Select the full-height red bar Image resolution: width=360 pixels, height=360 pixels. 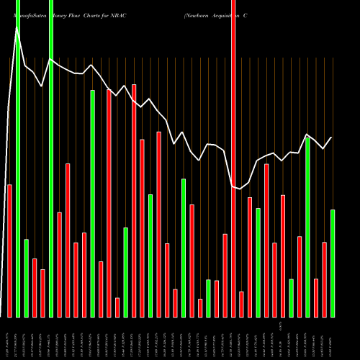click(233, 158)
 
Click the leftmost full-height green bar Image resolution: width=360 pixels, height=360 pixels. click(18, 158)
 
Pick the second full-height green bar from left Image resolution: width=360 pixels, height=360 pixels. click(51, 158)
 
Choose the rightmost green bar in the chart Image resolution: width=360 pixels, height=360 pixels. click(333, 263)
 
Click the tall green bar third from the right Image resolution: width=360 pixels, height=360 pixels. click(307, 227)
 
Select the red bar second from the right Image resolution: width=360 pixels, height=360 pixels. click(324, 279)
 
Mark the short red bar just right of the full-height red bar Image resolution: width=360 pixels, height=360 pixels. click(241, 304)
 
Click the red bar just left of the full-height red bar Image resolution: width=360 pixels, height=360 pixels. click(225, 275)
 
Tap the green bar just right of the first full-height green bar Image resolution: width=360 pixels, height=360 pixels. click(26, 278)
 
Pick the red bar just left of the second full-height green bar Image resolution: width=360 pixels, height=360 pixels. click(42, 293)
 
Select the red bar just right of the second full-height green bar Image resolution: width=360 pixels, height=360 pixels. click(59, 264)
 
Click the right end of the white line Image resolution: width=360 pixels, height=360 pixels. click(331, 138)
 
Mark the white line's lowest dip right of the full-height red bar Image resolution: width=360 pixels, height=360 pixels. click(240, 189)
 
